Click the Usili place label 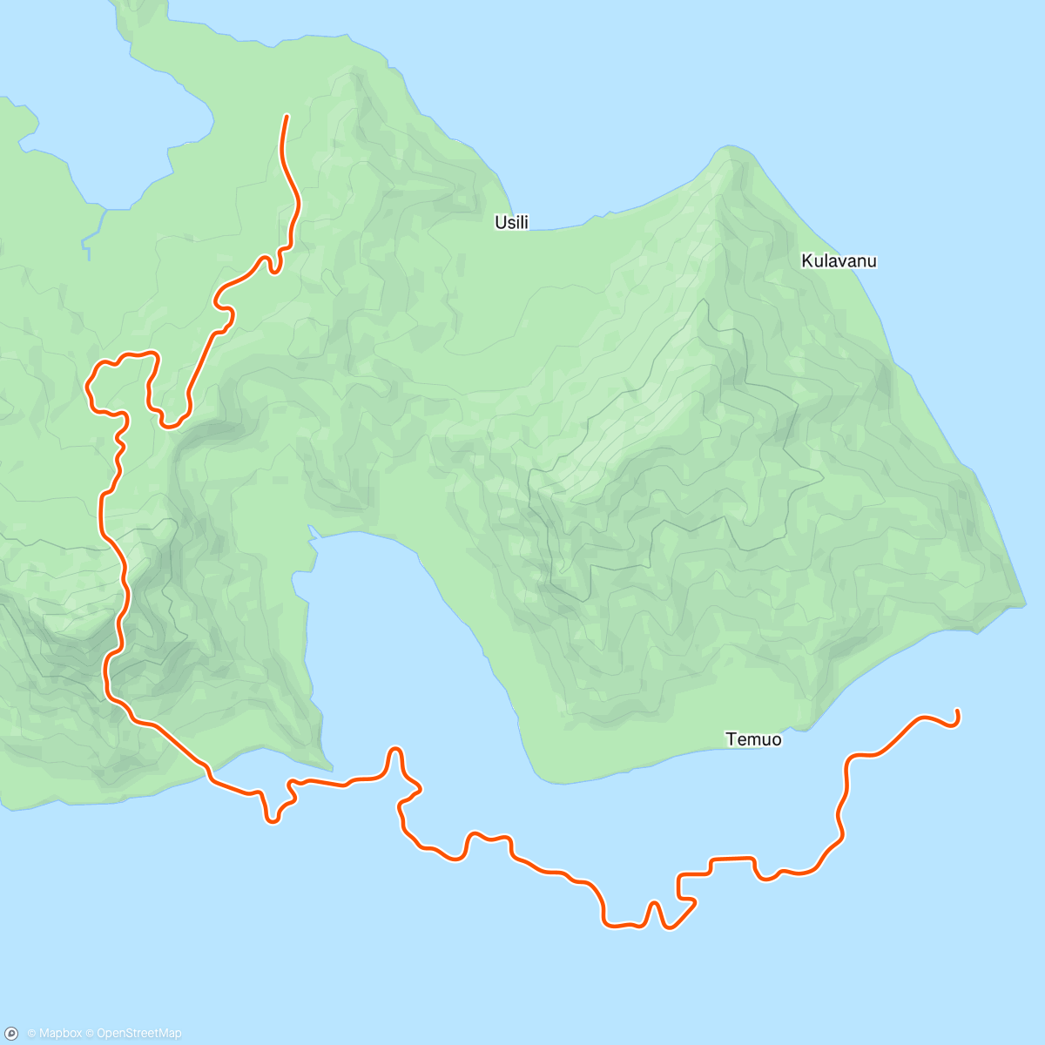511,223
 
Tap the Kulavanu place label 839,261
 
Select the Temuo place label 753,740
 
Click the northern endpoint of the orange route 287,117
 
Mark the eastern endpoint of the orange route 957,711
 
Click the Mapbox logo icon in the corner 12,1033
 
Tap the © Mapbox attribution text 54,1034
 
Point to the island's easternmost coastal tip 1025,602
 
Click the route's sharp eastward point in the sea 421,789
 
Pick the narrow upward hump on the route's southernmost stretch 653,906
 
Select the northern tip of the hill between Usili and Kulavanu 730,150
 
